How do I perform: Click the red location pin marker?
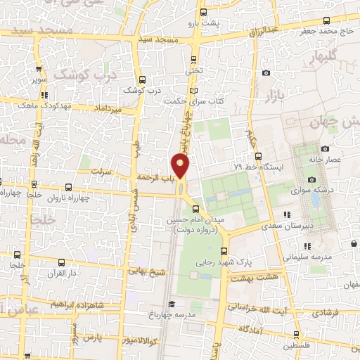181,166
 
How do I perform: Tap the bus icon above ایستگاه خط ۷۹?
258,155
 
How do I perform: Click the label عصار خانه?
326,160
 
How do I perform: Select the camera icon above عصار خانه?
325,148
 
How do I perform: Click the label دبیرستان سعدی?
285,226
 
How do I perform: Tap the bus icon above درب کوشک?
142,79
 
